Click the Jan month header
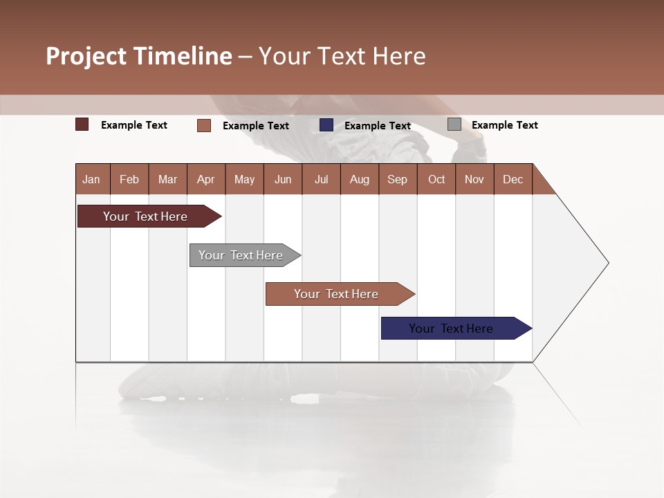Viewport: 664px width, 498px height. coord(91,180)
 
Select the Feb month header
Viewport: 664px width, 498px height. coord(129,180)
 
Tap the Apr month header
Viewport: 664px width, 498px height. coord(205,180)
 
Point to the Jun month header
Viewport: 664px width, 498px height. coord(283,180)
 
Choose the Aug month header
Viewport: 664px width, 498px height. coord(360,180)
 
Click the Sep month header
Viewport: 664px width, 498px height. coord(397,180)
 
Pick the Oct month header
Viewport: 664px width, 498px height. coord(436,180)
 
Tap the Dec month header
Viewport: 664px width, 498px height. coord(513,180)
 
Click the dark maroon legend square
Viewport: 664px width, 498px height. coord(82,124)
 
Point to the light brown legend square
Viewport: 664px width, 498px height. coord(203,125)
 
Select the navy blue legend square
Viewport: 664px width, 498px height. coord(326,125)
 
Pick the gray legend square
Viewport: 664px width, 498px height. coord(454,124)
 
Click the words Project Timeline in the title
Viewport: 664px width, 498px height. coord(139,56)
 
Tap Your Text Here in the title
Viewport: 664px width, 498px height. coord(342,56)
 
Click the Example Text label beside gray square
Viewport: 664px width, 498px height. coord(504,125)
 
